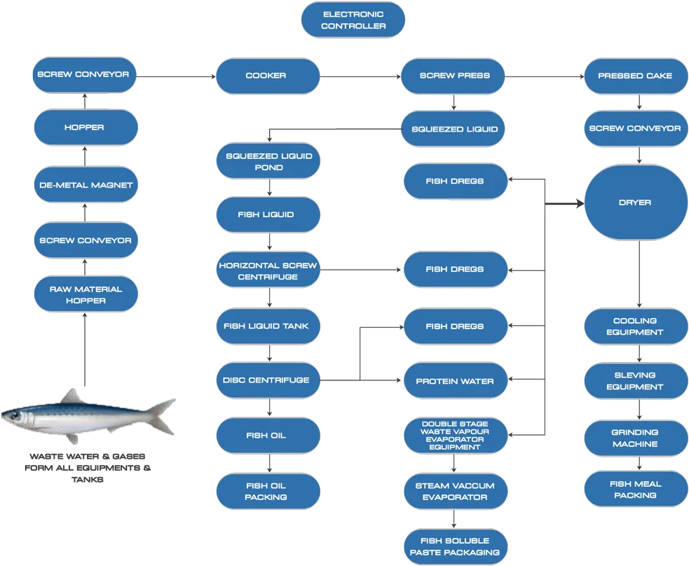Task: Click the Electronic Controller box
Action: click(x=353, y=20)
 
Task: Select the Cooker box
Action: click(x=268, y=76)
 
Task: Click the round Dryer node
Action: click(x=636, y=202)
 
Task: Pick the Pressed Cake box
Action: click(x=636, y=76)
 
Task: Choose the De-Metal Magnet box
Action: click(x=86, y=184)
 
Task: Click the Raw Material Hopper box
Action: click(x=86, y=294)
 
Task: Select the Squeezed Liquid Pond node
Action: click(x=268, y=161)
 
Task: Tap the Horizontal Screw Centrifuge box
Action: click(x=268, y=270)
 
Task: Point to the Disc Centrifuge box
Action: click(x=268, y=380)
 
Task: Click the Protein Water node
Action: click(x=456, y=380)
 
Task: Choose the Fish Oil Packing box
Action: click(x=268, y=491)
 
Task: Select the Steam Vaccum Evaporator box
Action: click(x=456, y=491)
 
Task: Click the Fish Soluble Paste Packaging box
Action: click(x=456, y=546)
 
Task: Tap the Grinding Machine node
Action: click(x=636, y=439)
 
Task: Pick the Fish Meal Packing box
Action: click(x=636, y=489)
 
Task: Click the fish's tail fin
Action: click(x=162, y=416)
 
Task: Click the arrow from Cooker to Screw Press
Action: click(x=360, y=76)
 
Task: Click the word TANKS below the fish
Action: click(x=88, y=480)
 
